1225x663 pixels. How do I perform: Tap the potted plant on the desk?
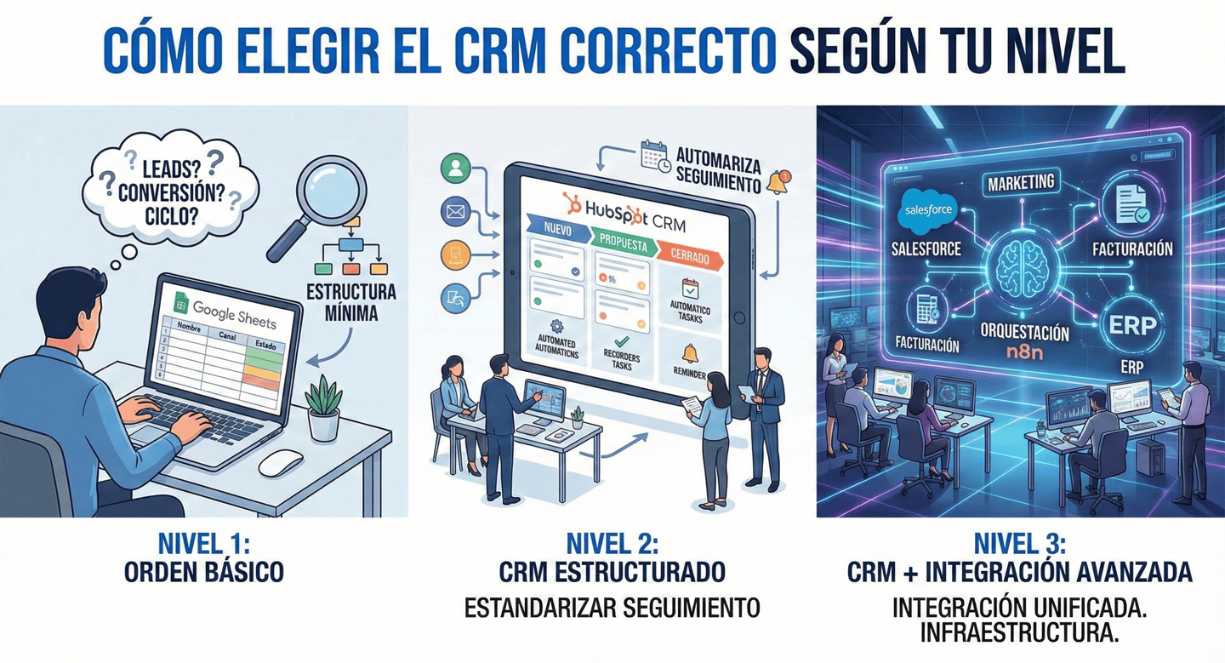click(x=324, y=409)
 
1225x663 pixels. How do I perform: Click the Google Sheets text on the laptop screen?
click(x=233, y=312)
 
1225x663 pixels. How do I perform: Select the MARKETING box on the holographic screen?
click(x=1021, y=182)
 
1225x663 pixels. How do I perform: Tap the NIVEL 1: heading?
click(x=203, y=543)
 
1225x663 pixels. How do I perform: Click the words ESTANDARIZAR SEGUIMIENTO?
click(x=612, y=608)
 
